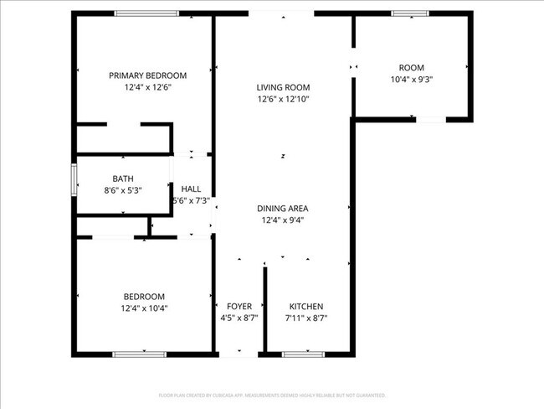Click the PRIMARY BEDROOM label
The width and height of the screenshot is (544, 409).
pyautogui.click(x=147, y=75)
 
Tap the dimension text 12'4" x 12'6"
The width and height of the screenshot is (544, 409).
pyautogui.click(x=147, y=87)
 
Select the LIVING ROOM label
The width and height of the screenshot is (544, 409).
pyautogui.click(x=283, y=87)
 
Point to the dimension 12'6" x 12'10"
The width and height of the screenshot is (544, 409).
pyautogui.click(x=283, y=99)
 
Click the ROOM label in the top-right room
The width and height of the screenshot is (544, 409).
pyautogui.click(x=411, y=68)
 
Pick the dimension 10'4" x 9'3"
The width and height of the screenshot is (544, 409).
pyautogui.click(x=411, y=80)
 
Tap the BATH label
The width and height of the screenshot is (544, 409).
pyautogui.click(x=123, y=179)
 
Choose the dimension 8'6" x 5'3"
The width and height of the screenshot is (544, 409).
pyautogui.click(x=123, y=190)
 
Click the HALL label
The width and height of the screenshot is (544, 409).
pyautogui.click(x=191, y=189)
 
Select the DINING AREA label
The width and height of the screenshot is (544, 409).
pyautogui.click(x=283, y=209)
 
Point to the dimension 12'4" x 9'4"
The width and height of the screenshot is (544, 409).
pyautogui.click(x=283, y=220)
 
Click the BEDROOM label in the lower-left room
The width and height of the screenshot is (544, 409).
pyautogui.click(x=144, y=296)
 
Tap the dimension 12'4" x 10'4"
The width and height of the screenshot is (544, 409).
pyautogui.click(x=144, y=308)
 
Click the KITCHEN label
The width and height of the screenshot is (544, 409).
pyautogui.click(x=305, y=307)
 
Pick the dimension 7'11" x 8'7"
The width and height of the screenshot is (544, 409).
pyautogui.click(x=305, y=318)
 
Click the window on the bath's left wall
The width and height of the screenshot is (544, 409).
pyautogui.click(x=74, y=178)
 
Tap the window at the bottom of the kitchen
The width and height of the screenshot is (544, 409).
pyautogui.click(x=303, y=355)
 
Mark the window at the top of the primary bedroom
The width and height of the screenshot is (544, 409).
pyautogui.click(x=146, y=13)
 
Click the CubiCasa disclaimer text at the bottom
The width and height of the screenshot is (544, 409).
pyautogui.click(x=272, y=395)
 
